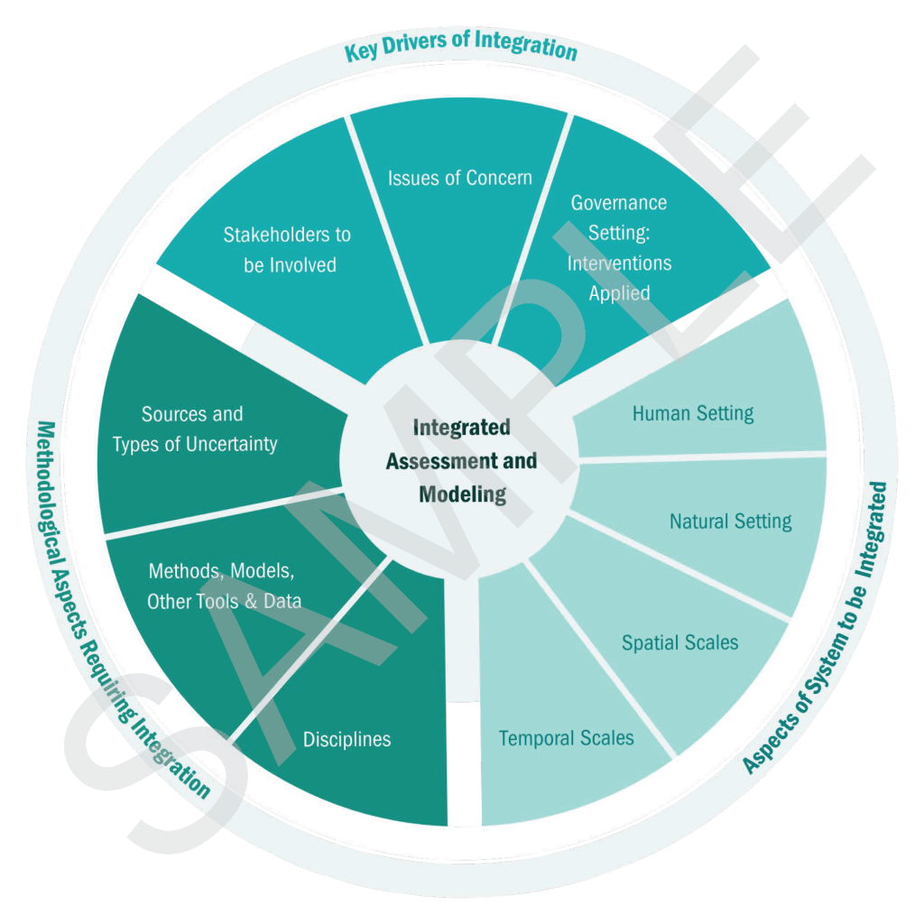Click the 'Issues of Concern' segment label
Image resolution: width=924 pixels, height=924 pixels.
[x=460, y=178]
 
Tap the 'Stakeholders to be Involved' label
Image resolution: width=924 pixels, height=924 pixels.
[x=287, y=250]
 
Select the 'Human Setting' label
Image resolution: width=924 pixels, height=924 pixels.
[x=693, y=414]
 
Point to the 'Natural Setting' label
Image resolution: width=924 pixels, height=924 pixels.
[x=730, y=522]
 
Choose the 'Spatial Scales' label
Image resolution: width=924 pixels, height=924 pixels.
[x=679, y=642]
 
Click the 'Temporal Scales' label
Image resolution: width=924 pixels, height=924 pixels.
[x=566, y=738]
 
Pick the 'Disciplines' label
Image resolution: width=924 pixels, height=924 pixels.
[x=347, y=739]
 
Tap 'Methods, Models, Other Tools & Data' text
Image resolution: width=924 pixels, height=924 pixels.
[x=224, y=587]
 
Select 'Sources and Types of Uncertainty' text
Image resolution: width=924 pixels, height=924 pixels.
[x=194, y=430]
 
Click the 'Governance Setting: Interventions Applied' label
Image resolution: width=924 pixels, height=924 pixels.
[x=619, y=247]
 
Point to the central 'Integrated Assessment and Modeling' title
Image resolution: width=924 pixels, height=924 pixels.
[x=461, y=460]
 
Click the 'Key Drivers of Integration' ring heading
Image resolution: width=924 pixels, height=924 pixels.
[x=460, y=48]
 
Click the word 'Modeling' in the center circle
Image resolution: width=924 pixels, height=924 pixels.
[x=462, y=494]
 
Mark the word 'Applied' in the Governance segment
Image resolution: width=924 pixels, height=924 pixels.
[x=619, y=293]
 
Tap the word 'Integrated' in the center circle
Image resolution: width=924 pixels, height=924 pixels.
[x=462, y=427]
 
